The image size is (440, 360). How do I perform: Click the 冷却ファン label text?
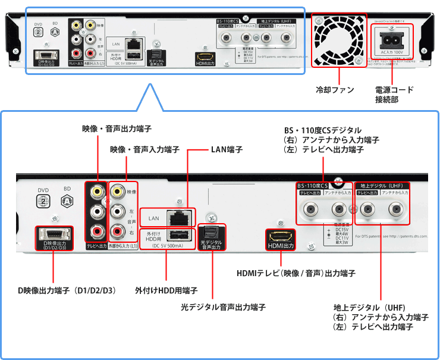(x=335, y=90)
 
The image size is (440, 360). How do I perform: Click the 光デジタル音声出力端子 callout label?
(x=223, y=307)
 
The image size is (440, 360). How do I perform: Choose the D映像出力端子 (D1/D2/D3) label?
(x=67, y=291)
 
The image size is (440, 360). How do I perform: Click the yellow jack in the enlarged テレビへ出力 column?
(x=96, y=192)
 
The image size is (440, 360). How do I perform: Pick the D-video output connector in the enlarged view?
(x=55, y=234)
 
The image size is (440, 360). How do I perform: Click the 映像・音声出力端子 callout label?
(x=116, y=129)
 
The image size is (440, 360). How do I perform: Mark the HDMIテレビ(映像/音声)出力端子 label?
(x=296, y=273)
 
